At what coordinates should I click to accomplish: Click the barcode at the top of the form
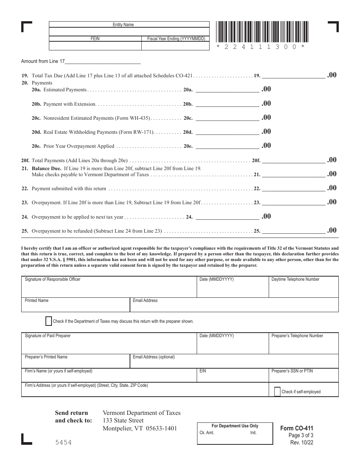pyautogui.click(x=262, y=32)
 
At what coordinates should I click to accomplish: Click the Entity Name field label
pyautogui.click(x=123, y=25)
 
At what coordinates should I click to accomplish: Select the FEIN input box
pyautogui.click(x=95, y=46)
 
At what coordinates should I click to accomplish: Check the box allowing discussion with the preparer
pyautogui.click(x=49, y=321)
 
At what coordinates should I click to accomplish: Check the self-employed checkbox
pyautogui.click(x=277, y=391)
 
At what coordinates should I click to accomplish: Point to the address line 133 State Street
pyautogui.click(x=123, y=421)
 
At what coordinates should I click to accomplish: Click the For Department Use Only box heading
pyautogui.click(x=235, y=426)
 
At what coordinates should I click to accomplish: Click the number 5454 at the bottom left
pyautogui.click(x=63, y=442)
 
